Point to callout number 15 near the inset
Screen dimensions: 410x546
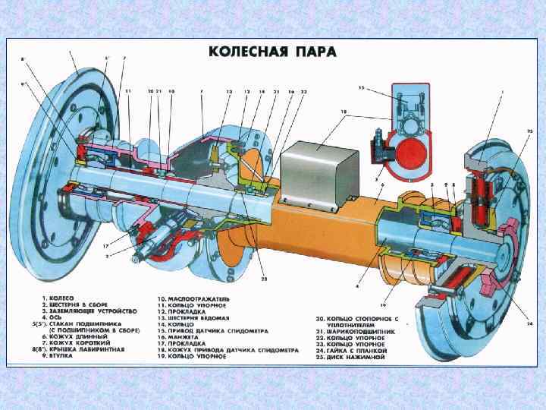click(x=361, y=89)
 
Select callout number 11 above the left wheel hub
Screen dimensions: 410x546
click(x=128, y=91)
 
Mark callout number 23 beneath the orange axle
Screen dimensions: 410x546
click(x=265, y=279)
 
